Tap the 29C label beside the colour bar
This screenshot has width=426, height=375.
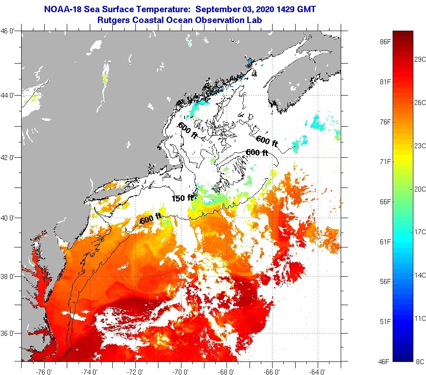pos(420,59)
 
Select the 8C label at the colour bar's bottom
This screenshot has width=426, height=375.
pos(420,361)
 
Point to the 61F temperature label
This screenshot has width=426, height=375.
pos(385,242)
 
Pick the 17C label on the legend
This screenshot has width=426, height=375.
pos(420,232)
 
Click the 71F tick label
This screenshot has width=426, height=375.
pos(385,161)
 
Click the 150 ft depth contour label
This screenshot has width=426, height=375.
pos(182,198)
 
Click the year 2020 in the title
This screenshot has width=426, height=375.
pos(259,9)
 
